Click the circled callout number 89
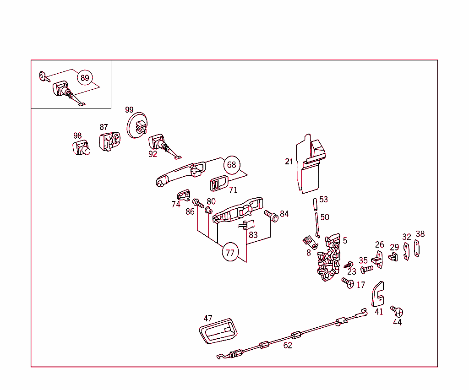point(85,78)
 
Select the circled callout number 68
point(232,164)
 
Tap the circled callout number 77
point(230,252)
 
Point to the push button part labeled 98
point(81,149)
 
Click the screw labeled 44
point(397,312)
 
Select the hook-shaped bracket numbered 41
point(377,294)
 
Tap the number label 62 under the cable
point(288,346)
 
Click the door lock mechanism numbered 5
point(330,259)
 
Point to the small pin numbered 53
point(315,203)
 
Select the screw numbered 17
point(348,283)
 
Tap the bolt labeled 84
point(272,215)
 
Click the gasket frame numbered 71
point(218,184)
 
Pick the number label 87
point(104,127)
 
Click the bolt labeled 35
point(366,269)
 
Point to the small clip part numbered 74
point(183,195)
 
